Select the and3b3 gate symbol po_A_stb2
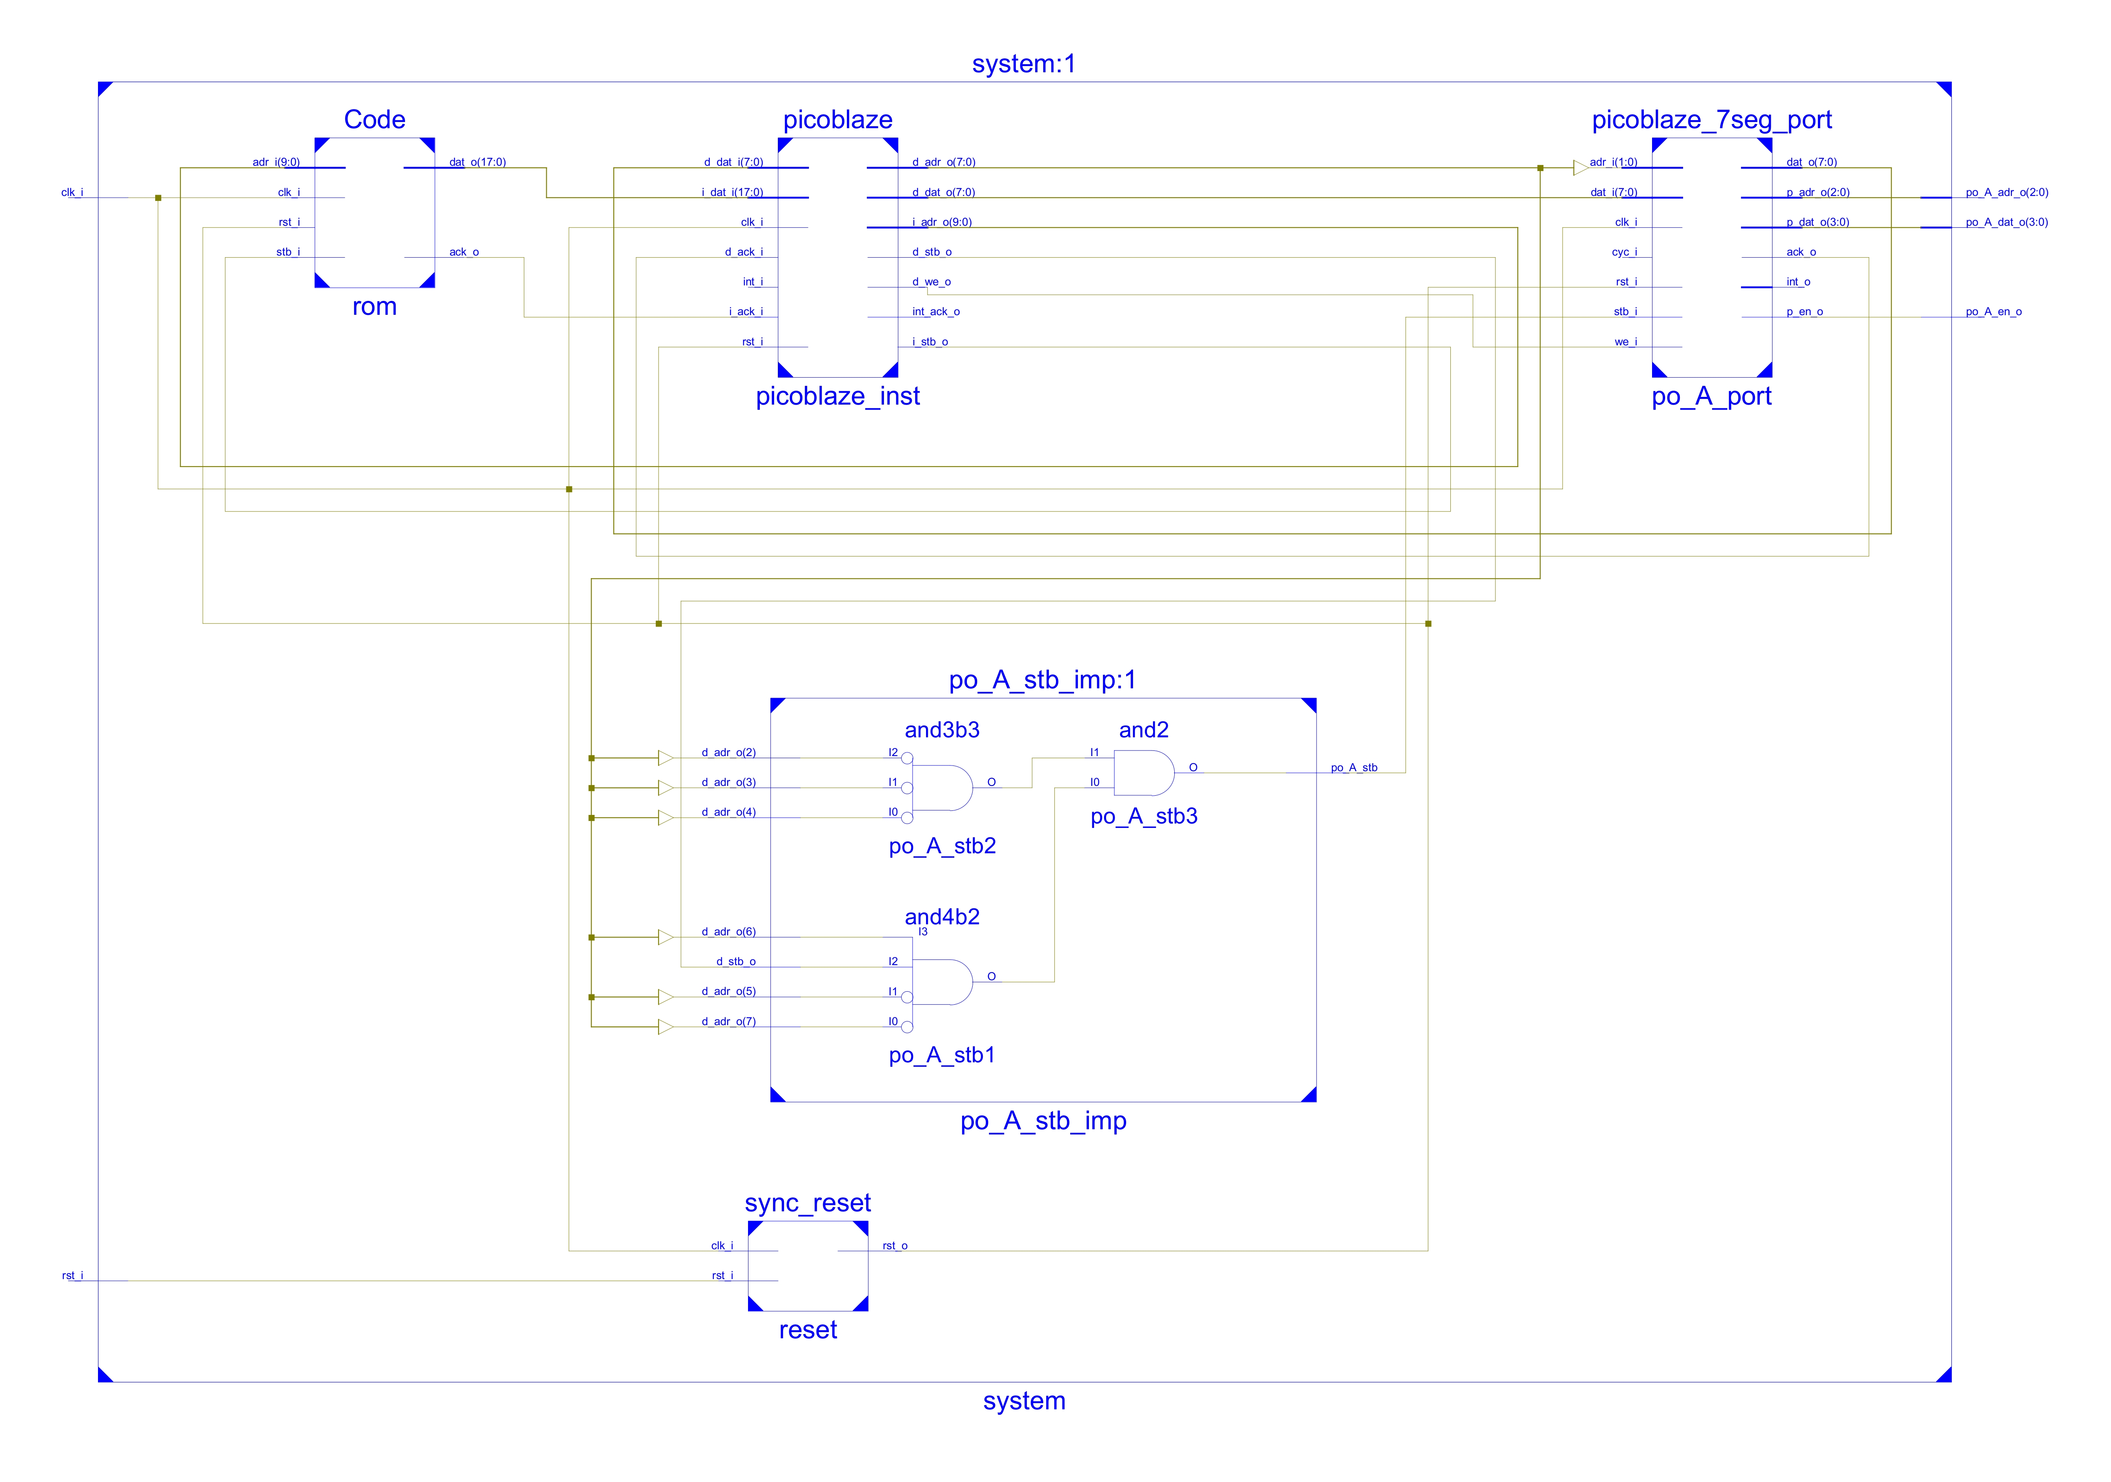click(942, 788)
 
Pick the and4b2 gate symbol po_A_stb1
click(942, 982)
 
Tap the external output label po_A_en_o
click(1993, 312)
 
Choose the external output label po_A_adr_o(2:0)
click(2006, 192)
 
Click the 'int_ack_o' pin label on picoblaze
click(935, 312)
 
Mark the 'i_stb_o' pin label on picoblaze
click(930, 342)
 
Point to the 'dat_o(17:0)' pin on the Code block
click(477, 162)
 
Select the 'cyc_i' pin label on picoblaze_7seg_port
click(1624, 252)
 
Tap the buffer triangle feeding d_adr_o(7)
click(665, 1027)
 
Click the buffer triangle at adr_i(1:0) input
click(1579, 167)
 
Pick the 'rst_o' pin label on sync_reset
click(895, 1246)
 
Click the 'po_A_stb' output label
click(1354, 768)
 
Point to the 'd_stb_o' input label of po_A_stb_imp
click(735, 961)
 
